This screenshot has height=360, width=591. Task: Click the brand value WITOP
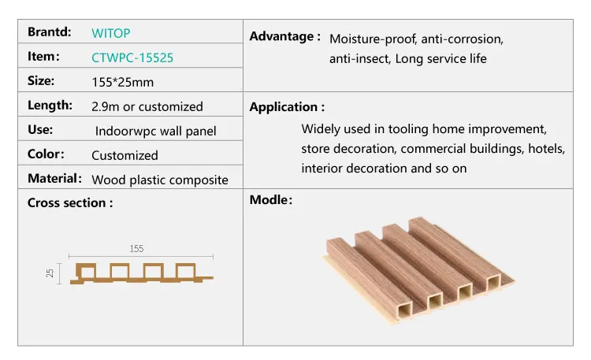point(111,34)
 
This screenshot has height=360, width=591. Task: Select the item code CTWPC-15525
point(132,58)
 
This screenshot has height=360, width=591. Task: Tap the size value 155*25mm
point(122,81)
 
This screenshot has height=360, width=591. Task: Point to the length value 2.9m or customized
point(147,106)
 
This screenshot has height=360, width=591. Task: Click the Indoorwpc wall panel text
point(155,131)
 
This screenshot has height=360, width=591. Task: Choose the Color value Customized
point(125,155)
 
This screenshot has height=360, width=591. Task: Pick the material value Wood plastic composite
point(160,180)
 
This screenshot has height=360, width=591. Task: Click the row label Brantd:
point(50,32)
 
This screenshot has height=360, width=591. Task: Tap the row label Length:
point(50,105)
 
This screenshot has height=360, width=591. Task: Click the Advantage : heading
point(284,36)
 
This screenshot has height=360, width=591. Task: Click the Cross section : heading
point(70,202)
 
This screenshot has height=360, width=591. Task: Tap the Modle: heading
point(271,200)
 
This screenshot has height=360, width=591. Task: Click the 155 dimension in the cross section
point(136,249)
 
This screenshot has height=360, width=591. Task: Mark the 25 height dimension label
point(50,273)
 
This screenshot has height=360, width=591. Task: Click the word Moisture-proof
point(373,39)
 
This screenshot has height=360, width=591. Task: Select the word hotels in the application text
point(546,148)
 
